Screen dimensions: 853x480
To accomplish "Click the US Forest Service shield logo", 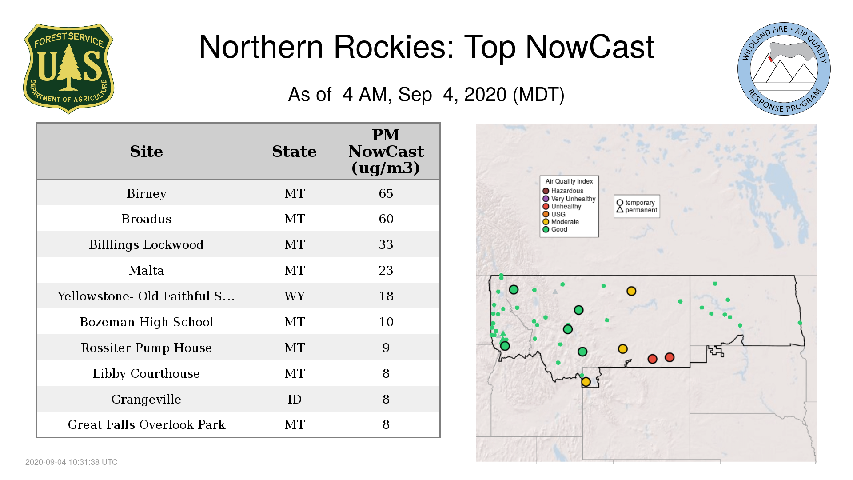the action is pos(68,69).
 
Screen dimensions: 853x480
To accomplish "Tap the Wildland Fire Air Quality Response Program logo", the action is pos(784,69).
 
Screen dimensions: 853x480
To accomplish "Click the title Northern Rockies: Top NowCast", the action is pos(426,47).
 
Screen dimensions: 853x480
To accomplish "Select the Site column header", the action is pos(146,152).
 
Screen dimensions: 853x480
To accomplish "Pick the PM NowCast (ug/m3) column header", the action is pos(386,151).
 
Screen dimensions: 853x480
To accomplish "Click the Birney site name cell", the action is pos(146,194).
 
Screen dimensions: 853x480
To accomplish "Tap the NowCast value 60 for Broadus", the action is pos(386,219).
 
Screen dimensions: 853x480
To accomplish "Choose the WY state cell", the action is pos(295,296).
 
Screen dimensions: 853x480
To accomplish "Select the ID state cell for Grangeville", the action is pos(295,399).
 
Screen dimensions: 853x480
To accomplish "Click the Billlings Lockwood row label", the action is pos(146,245).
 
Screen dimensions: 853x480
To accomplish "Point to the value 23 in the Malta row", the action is pos(386,270).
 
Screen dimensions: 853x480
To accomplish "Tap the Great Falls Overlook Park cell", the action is pos(146,424).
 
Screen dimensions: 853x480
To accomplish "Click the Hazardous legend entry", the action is pos(563,191).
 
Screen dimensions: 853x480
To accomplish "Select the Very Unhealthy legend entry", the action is pos(569,199).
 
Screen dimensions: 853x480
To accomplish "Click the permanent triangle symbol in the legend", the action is pos(620,210).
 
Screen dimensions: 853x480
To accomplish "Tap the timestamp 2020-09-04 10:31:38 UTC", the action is pos(72,462).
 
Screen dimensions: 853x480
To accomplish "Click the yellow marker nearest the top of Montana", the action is pos(631,291).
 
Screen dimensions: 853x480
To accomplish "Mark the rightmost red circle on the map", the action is pos(670,357).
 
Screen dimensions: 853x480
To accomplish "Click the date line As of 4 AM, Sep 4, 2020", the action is pos(426,95).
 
